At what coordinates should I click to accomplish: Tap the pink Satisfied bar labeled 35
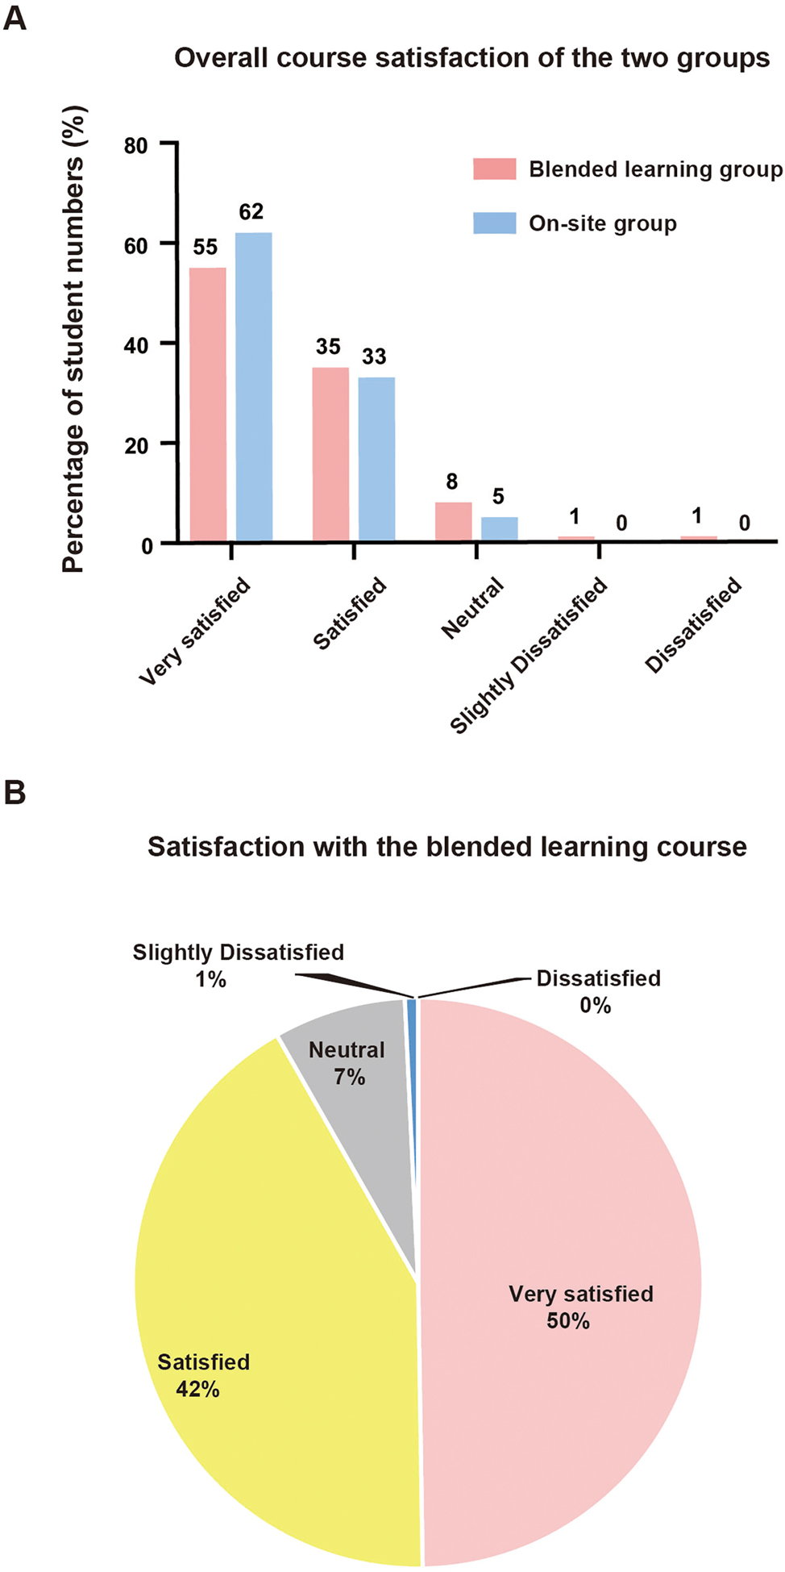click(330, 453)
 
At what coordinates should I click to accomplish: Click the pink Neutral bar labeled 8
click(453, 521)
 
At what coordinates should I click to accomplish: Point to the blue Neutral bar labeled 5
click(499, 528)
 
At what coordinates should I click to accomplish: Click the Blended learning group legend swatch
click(494, 169)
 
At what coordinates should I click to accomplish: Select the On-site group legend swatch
click(494, 223)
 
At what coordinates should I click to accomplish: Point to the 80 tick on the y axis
click(137, 146)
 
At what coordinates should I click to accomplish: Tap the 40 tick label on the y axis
click(137, 345)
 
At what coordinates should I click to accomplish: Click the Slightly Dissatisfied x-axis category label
click(529, 654)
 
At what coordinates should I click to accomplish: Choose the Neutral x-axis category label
click(473, 608)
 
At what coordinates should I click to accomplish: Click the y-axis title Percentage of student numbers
click(73, 339)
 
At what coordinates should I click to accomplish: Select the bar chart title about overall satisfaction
click(472, 58)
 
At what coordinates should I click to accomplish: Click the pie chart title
click(447, 847)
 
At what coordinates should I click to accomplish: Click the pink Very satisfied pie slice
click(564, 1291)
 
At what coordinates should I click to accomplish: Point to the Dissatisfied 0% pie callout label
click(598, 991)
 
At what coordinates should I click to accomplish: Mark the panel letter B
click(15, 793)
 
